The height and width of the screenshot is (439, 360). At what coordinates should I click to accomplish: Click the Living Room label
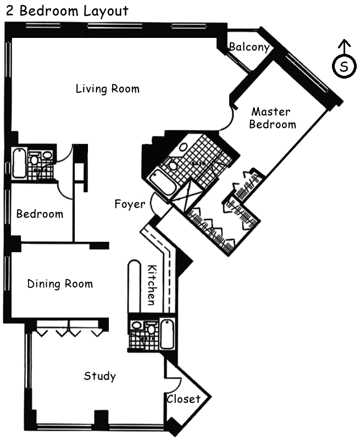pyautogui.click(x=108, y=89)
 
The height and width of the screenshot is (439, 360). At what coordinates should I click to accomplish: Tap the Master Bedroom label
pyautogui.click(x=272, y=118)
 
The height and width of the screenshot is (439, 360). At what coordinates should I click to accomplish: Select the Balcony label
pyautogui.click(x=250, y=47)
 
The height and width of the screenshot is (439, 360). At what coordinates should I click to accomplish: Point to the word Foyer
pyautogui.click(x=130, y=204)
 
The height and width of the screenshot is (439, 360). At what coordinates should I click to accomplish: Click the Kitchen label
pyautogui.click(x=152, y=285)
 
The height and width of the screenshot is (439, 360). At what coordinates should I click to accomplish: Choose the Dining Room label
pyautogui.click(x=60, y=284)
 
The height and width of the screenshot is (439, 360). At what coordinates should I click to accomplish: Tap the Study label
pyautogui.click(x=100, y=376)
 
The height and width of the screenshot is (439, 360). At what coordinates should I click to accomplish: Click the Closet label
pyautogui.click(x=184, y=399)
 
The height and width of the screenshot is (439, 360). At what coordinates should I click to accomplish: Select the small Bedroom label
pyautogui.click(x=40, y=214)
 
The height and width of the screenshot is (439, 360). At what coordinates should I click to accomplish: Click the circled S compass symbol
pyautogui.click(x=344, y=66)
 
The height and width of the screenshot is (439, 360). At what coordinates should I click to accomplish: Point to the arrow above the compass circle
pyautogui.click(x=345, y=47)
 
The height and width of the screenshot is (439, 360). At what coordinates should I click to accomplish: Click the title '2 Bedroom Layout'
pyautogui.click(x=67, y=11)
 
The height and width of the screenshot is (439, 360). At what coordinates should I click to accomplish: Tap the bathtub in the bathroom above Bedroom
pyautogui.click(x=19, y=163)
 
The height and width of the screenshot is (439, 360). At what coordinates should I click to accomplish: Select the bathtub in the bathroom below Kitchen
pyautogui.click(x=167, y=334)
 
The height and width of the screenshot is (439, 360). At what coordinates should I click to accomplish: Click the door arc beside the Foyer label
pyautogui.click(x=154, y=204)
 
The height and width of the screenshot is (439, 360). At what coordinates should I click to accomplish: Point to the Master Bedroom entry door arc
pyautogui.click(x=228, y=120)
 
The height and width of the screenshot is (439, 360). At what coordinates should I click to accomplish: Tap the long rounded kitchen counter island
pyautogui.click(x=134, y=286)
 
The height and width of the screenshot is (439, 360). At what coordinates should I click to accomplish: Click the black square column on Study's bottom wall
pyautogui.click(x=101, y=418)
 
